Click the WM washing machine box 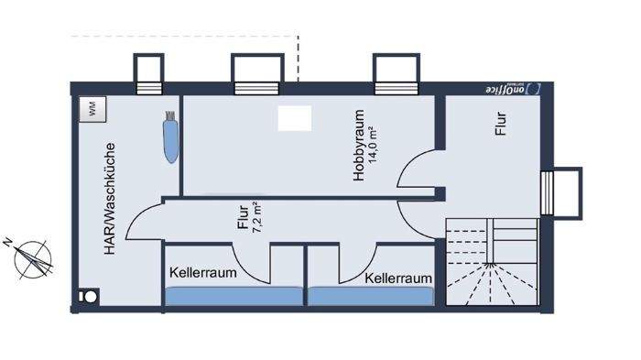(91, 108)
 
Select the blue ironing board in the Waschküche (170, 137)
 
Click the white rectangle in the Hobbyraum (294, 118)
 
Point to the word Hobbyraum (360, 147)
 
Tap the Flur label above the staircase (501, 123)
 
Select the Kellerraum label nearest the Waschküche (203, 273)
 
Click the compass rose (33, 257)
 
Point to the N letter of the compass (7, 243)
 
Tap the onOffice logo (512, 89)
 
